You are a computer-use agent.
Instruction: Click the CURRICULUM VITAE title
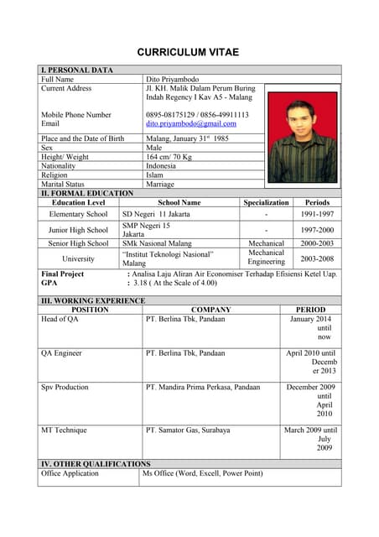pyautogui.click(x=188, y=52)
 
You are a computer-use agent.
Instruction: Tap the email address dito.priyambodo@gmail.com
pyautogui.click(x=191, y=123)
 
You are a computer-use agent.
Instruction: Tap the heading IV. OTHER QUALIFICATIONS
pyautogui.click(x=96, y=463)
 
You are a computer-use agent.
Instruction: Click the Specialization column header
pyautogui.click(x=266, y=202)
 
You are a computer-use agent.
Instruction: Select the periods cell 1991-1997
pyautogui.click(x=317, y=214)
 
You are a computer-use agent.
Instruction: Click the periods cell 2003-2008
pyautogui.click(x=317, y=258)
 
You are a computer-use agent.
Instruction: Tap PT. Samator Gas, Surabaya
pyautogui.click(x=188, y=430)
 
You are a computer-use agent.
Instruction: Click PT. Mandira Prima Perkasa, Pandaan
pyautogui.click(x=203, y=388)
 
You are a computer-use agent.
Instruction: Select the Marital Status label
pyautogui.click(x=63, y=184)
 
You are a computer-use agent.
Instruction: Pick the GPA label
pyautogui.click(x=49, y=284)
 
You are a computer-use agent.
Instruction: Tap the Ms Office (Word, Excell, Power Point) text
pyautogui.click(x=202, y=473)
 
